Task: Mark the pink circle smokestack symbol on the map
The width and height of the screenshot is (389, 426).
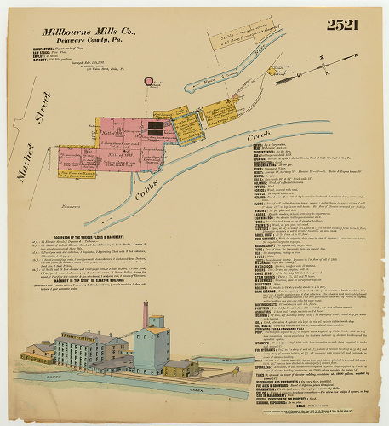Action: click(x=149, y=83)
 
